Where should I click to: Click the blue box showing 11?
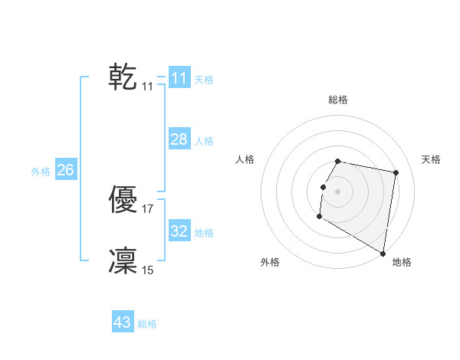pos(179,78)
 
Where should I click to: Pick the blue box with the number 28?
pos(179,139)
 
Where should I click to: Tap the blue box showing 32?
pos(179,231)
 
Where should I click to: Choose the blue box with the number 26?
pos(65,170)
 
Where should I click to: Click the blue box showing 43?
pos(123,322)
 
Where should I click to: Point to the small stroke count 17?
pos(148,208)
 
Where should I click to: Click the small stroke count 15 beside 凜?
pos(148,270)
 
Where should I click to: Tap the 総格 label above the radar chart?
pos(338,100)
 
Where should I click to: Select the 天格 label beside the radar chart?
pos(432,159)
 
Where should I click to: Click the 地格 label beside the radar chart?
pos(402,262)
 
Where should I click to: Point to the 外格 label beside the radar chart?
pos(270,262)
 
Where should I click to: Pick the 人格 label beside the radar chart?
pos(245,159)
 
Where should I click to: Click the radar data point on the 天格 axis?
pos(396,173)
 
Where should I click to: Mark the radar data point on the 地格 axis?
pos(383,254)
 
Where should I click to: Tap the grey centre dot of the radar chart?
pos(337,191)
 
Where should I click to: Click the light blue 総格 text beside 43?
pos(147,324)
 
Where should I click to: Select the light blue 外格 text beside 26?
pos(41,172)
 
